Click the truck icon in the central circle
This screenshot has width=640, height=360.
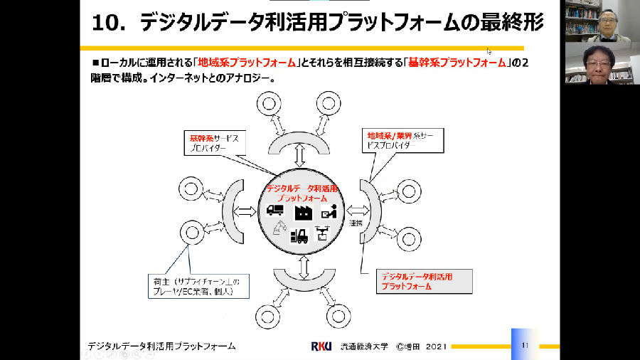[x=275, y=211]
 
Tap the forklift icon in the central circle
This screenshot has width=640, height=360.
[x=299, y=235]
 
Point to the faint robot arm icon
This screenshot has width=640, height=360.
[x=279, y=229]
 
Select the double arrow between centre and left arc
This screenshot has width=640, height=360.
[x=245, y=211]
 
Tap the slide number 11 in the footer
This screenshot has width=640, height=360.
[x=525, y=345]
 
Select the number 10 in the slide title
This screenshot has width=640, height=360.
[x=109, y=23]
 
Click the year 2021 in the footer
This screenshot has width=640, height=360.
[x=436, y=346]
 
